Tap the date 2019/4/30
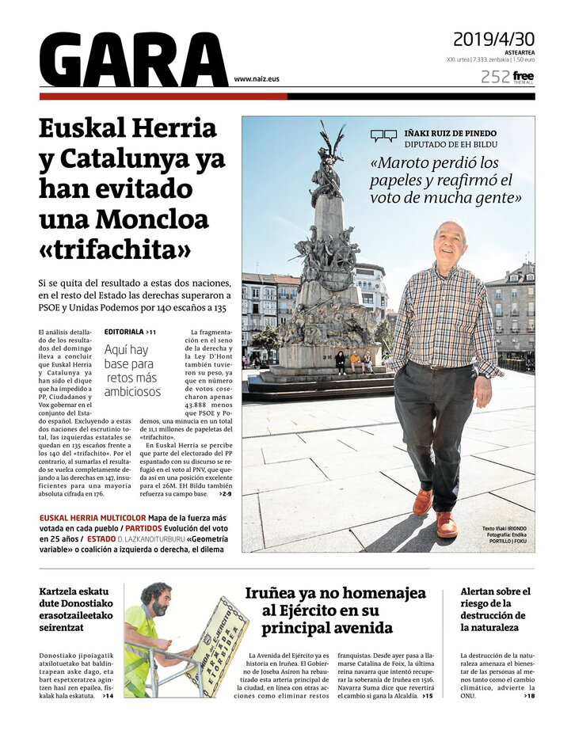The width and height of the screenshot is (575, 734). click(x=493, y=39)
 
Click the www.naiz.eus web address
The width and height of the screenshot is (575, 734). click(x=257, y=79)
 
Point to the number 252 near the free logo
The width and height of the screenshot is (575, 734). click(x=494, y=77)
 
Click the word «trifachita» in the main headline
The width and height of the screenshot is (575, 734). click(x=116, y=249)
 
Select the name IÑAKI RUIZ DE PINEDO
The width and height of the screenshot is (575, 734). click(x=451, y=133)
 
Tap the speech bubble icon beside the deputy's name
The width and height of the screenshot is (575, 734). click(x=383, y=136)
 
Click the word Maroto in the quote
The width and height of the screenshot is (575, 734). click(x=402, y=164)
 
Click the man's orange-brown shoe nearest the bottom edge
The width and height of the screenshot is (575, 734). click(x=446, y=524)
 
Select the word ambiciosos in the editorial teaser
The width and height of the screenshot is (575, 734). click(x=131, y=391)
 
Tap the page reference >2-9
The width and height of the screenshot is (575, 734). click(x=226, y=494)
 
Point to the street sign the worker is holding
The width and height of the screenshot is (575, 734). click(x=218, y=645)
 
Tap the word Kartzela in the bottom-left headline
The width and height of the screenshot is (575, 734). click(x=63, y=591)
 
